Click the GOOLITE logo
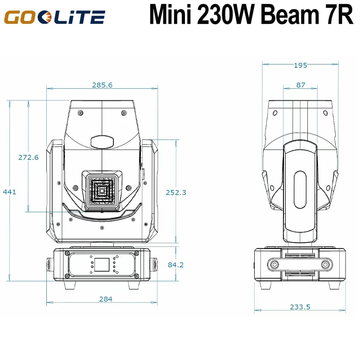click(55, 18)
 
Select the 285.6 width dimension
click(102, 85)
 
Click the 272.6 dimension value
click(28, 157)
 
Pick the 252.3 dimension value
click(176, 192)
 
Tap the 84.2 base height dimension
click(175, 265)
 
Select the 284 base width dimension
click(106, 299)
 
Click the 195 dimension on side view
click(300, 65)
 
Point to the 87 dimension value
click(301, 85)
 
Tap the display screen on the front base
click(102, 264)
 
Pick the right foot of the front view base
click(135, 285)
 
